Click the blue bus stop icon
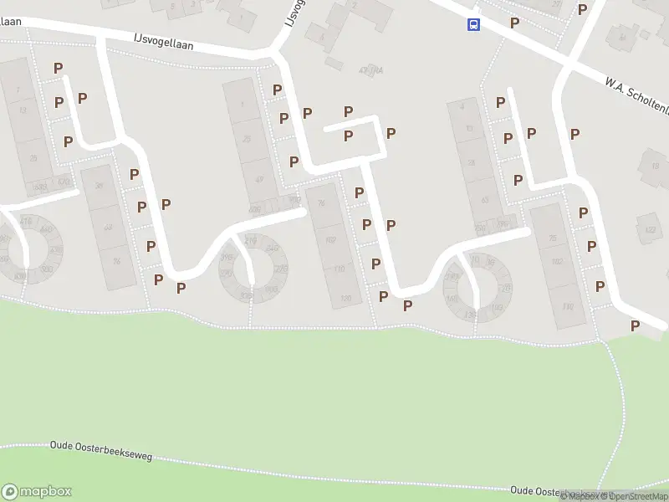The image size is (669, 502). [473, 24]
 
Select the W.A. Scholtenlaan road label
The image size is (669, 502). [636, 91]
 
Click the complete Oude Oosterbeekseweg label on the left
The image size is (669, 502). [101, 452]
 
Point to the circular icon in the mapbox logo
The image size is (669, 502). [11, 491]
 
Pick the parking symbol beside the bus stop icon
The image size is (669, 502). [514, 23]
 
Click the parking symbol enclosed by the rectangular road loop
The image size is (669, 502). [349, 136]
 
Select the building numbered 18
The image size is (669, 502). [653, 166]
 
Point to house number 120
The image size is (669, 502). [339, 269]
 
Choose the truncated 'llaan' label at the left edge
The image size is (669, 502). [11, 21]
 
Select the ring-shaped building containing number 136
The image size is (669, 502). [474, 288]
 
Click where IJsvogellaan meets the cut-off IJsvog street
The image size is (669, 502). [274, 54]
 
